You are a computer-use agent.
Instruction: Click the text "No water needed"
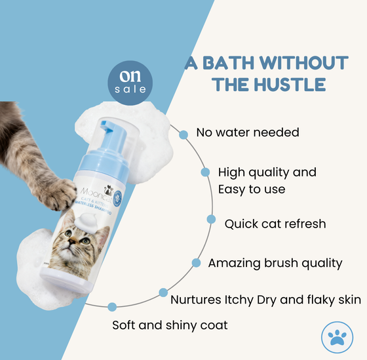tap(247, 132)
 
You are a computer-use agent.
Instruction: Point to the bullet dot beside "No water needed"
tap(183, 134)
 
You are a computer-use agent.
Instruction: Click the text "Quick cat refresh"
tap(275, 224)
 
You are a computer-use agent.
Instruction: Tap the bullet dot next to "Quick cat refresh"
tap(211, 219)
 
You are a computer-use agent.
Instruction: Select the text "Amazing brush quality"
tap(275, 263)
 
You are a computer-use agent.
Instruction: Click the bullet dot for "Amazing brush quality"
tap(196, 263)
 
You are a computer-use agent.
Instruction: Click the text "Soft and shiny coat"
tap(170, 325)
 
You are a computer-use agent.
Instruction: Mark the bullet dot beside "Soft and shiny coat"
tap(112, 306)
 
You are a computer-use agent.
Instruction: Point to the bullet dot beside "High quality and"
tap(204, 172)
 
